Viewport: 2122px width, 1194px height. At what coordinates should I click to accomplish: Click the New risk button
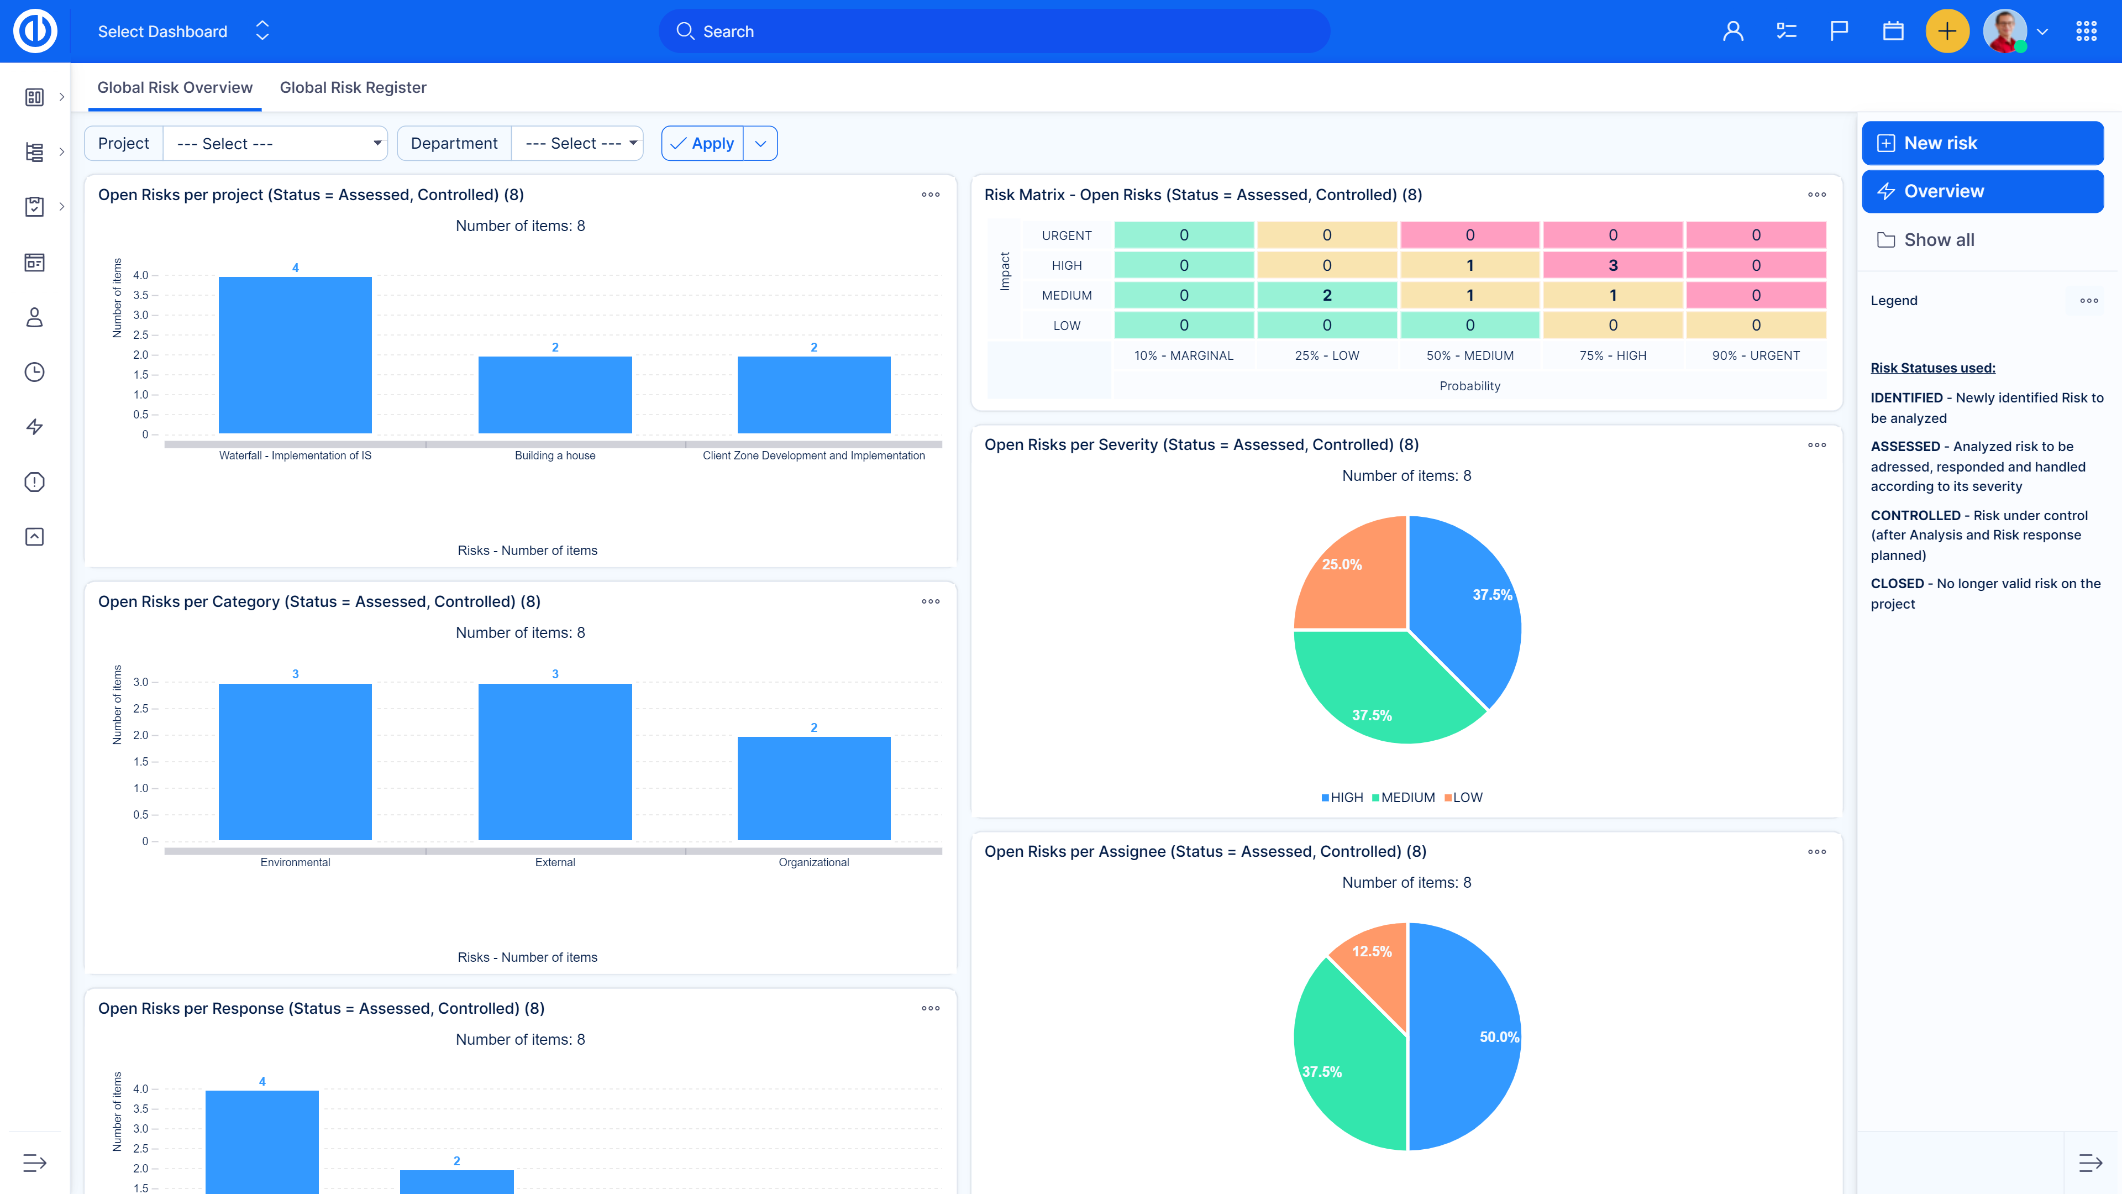1982,143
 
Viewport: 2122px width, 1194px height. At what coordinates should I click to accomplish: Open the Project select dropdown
275,143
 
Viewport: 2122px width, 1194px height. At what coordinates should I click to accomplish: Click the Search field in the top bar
994,32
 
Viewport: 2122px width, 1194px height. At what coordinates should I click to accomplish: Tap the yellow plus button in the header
1946,32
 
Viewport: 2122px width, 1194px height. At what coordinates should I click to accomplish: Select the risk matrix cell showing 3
1612,265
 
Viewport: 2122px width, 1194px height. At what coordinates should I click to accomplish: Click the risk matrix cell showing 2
1326,295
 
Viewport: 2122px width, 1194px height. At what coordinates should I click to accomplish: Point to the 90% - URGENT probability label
1756,355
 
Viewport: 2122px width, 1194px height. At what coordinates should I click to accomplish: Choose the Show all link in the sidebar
1939,240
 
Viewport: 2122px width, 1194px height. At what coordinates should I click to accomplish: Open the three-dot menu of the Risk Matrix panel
1816,195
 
